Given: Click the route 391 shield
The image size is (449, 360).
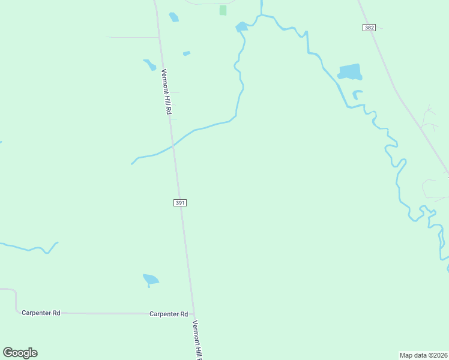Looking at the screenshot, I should [x=180, y=203].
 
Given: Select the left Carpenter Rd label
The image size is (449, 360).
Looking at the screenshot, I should [x=41, y=313].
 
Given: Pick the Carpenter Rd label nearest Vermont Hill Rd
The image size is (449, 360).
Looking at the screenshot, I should [x=169, y=314].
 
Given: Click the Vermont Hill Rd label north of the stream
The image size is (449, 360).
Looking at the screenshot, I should [x=167, y=92].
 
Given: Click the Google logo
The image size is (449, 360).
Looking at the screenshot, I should [x=20, y=353].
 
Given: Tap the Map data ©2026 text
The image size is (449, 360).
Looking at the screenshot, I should [x=423, y=355].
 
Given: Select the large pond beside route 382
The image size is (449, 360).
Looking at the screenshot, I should [x=350, y=72].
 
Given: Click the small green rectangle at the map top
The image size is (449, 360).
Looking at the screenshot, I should [x=223, y=10].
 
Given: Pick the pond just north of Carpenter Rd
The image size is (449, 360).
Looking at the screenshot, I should [x=150, y=279].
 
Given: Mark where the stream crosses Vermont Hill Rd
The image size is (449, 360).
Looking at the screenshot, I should [x=173, y=145].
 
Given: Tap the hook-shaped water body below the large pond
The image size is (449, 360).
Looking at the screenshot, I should [x=357, y=94].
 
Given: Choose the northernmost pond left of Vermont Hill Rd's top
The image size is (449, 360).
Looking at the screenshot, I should [x=173, y=17].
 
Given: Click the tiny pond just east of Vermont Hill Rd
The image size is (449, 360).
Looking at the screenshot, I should [x=186, y=53].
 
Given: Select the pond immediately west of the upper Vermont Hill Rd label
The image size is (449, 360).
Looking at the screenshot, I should [x=149, y=64].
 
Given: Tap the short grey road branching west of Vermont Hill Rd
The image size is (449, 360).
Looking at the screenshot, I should [x=132, y=37].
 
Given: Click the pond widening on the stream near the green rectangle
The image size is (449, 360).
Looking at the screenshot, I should [x=241, y=26].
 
